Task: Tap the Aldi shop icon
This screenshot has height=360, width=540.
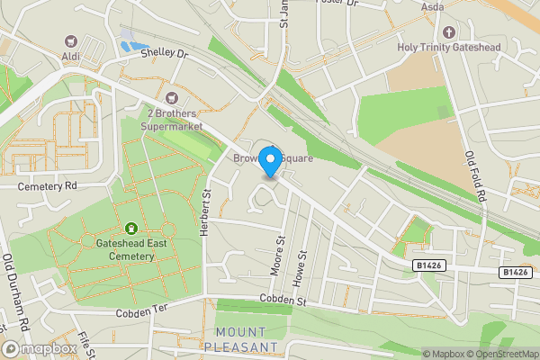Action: pos(71,41)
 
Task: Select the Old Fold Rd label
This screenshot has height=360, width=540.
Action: pos(474,175)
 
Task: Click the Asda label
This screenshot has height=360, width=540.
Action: pos(434,6)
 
